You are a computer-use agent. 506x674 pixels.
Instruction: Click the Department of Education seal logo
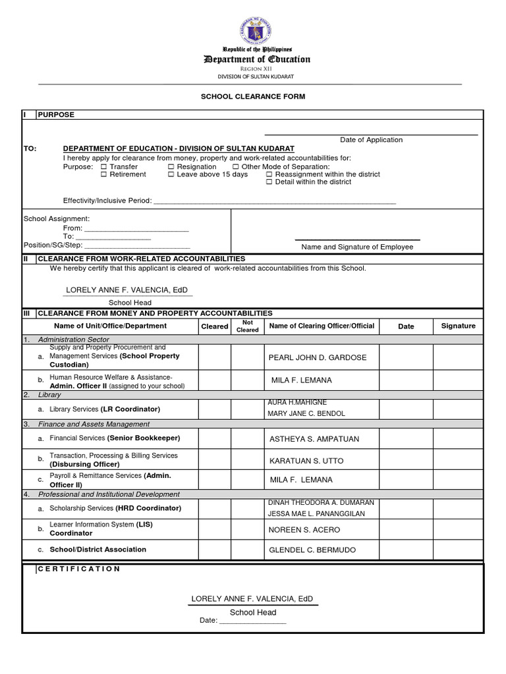(256, 30)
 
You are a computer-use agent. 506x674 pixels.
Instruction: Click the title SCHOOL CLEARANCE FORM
(253, 96)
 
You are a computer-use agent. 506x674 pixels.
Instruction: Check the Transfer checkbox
(103, 167)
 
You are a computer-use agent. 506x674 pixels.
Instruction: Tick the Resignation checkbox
(171, 167)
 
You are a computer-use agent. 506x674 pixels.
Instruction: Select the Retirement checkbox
(103, 174)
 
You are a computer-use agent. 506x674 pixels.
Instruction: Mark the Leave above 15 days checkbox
(171, 174)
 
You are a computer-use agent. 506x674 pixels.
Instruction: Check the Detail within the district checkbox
(269, 182)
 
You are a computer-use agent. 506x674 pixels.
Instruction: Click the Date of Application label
(371, 140)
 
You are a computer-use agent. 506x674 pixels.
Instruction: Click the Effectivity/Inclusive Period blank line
(275, 201)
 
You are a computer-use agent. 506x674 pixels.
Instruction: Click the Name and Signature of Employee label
(357, 247)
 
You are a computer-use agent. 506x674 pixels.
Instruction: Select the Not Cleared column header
(248, 326)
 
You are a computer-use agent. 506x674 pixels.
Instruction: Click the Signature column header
(458, 326)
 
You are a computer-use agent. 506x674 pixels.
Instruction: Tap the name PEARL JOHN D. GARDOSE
(318, 357)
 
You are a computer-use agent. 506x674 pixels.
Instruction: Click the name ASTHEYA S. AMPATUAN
(314, 439)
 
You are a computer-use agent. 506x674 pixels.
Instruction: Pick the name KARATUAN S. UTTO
(306, 461)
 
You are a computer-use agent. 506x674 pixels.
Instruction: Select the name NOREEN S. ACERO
(303, 529)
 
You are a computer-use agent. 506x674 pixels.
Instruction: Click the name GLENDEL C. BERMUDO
(312, 550)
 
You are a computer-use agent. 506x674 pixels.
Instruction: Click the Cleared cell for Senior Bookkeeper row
(214, 438)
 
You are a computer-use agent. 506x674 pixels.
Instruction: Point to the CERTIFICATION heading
(79, 569)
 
